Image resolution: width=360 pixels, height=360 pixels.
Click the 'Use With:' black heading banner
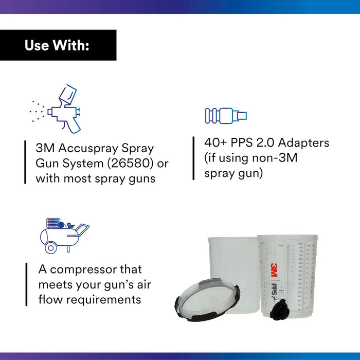[x=58, y=45]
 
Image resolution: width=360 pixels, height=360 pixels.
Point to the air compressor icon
[x=64, y=235]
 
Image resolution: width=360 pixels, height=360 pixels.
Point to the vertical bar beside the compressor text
[x=26, y=284]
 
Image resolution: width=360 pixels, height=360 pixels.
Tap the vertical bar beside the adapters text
[x=193, y=158]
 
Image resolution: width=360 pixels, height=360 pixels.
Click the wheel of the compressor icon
[x=50, y=248]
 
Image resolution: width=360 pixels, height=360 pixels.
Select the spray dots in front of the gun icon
[x=37, y=110]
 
